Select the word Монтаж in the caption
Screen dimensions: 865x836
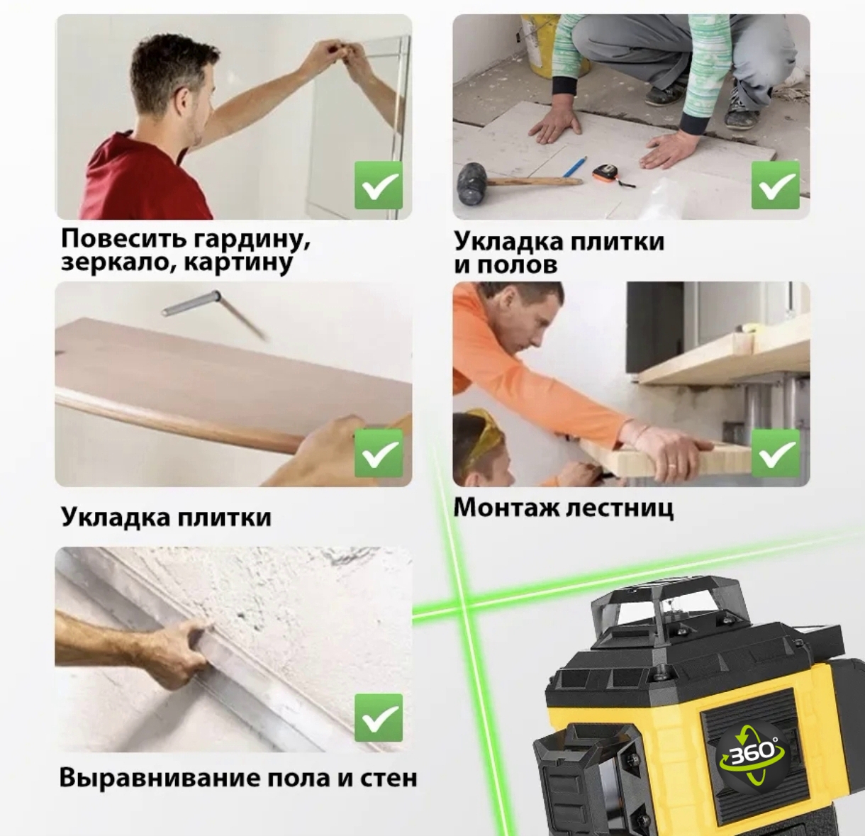pos(506,508)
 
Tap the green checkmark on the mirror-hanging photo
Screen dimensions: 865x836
pos(379,185)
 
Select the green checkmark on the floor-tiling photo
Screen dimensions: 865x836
pos(775,185)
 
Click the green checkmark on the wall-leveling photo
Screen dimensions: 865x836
pos(379,718)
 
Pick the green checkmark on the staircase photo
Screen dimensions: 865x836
pos(775,452)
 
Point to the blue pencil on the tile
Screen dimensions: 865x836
pos(575,166)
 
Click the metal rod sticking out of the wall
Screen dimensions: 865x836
pos(213,311)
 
